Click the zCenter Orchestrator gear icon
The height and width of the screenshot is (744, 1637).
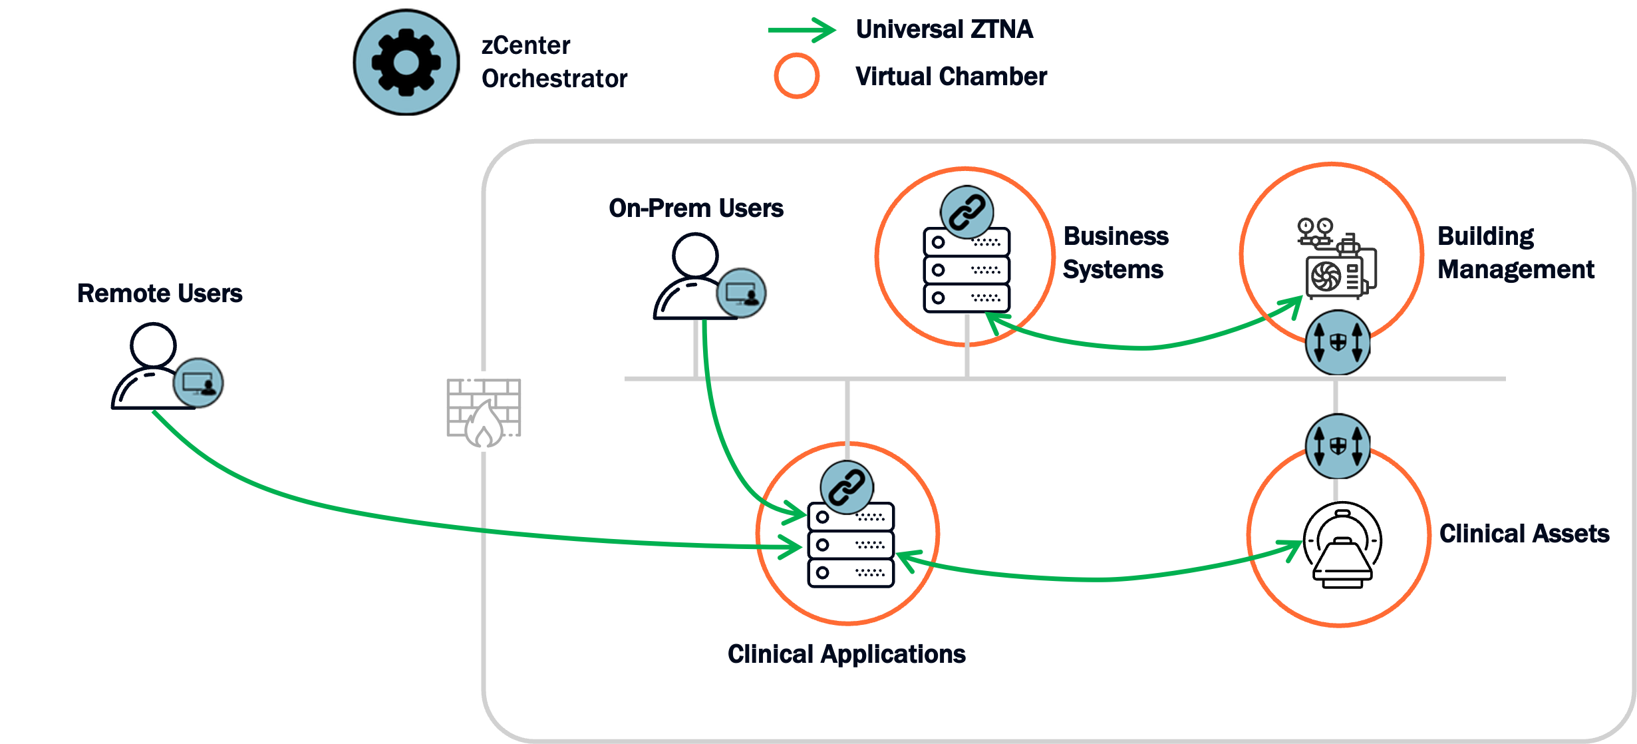(406, 63)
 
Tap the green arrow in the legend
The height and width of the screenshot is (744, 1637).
(802, 30)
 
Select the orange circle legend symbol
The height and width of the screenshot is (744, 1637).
(796, 76)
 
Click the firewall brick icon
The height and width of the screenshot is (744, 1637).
(484, 411)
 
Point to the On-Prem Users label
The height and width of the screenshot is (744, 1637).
(696, 208)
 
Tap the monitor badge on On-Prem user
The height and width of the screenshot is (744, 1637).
(741, 293)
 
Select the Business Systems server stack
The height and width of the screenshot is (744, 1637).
(967, 270)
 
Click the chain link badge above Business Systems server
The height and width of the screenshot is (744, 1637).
(967, 212)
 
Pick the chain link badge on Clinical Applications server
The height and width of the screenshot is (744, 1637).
(846, 487)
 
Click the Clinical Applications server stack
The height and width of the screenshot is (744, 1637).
(851, 545)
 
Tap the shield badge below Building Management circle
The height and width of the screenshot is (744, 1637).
(1338, 343)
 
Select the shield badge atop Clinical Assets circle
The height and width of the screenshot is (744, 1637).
(1338, 446)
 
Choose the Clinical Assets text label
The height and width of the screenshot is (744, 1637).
(1524, 534)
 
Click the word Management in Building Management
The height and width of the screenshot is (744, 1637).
(1515, 270)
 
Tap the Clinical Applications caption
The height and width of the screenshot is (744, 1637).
(846, 654)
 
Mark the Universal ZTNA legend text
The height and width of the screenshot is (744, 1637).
(944, 29)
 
